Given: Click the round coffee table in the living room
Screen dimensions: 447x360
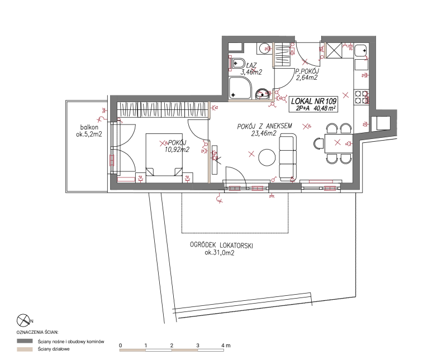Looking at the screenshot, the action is coord(267,157).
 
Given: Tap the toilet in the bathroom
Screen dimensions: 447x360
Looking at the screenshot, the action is coord(238,63).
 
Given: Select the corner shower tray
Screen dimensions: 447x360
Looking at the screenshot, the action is coord(240,88).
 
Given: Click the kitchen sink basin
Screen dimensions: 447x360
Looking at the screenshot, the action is coord(361,50).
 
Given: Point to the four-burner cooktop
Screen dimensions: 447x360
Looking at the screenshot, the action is coord(361,97).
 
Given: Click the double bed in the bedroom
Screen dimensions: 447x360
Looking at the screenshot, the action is coord(164,154).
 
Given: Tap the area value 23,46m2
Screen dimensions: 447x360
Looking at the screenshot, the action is coord(264,133).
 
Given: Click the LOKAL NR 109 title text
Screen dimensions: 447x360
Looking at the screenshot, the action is coord(314,101).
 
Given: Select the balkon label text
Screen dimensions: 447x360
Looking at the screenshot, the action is coord(89,127).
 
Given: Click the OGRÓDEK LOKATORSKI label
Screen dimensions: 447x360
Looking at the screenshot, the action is coord(221,245).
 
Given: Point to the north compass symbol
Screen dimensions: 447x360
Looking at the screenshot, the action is coord(23,320).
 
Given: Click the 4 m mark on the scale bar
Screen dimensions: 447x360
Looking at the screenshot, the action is coord(226,345).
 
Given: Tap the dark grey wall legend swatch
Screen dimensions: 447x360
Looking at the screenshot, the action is coord(25,341).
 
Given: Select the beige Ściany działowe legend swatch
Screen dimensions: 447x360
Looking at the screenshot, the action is coord(25,349).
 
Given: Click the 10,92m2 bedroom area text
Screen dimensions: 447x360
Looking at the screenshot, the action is coord(177,149).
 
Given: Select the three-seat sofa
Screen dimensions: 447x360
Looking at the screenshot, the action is coord(288,157).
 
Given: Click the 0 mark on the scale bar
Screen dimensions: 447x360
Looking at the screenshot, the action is coord(121,345).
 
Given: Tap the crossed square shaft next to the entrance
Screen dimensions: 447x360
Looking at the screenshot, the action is coord(334,50).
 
